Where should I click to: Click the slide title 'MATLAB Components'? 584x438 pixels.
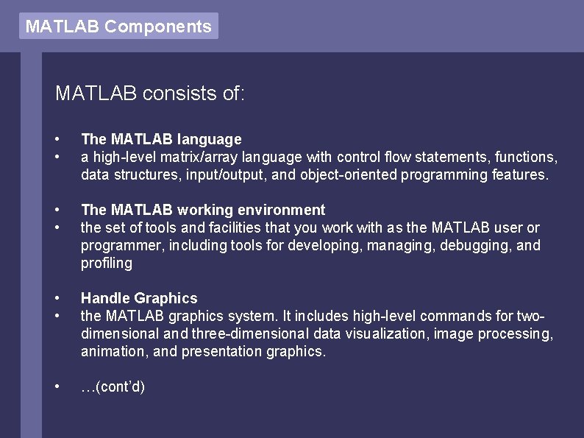[118, 27]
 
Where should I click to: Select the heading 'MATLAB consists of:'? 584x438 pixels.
[150, 93]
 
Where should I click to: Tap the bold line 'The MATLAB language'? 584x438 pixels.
[161, 139]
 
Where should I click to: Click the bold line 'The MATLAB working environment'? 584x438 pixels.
[203, 210]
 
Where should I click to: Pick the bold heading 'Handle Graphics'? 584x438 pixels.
[139, 298]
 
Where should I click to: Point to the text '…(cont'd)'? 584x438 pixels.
[113, 386]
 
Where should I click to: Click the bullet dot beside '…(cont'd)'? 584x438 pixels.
[57, 386]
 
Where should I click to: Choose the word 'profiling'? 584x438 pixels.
[107, 263]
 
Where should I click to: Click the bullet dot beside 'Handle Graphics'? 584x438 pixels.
[57, 298]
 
